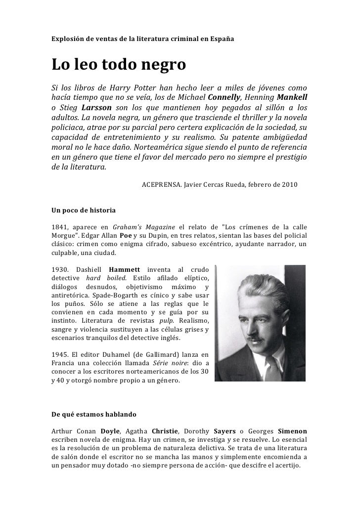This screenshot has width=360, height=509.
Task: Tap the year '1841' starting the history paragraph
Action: click(60, 226)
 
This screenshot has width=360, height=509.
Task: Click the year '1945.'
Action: click(61, 355)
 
